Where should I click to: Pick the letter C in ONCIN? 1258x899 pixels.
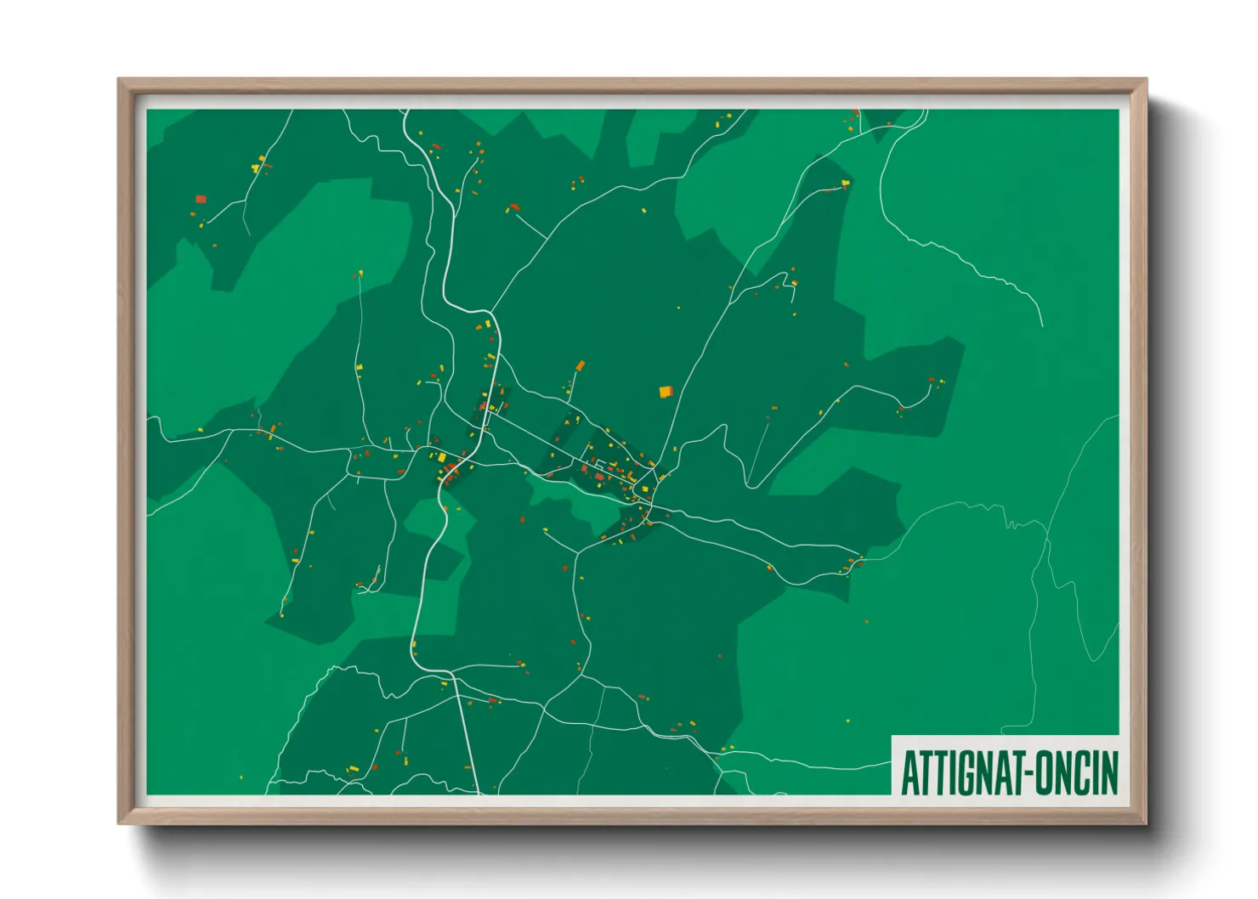[x=1082, y=772]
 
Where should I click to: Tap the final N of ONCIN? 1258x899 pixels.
[x=1109, y=772]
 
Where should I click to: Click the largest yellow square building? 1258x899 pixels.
[x=665, y=392]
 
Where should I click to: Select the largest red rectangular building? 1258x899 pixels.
[x=201, y=199]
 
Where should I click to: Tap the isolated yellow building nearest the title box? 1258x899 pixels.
[x=847, y=721]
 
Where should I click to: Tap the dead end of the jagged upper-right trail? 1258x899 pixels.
[x=1042, y=325]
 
